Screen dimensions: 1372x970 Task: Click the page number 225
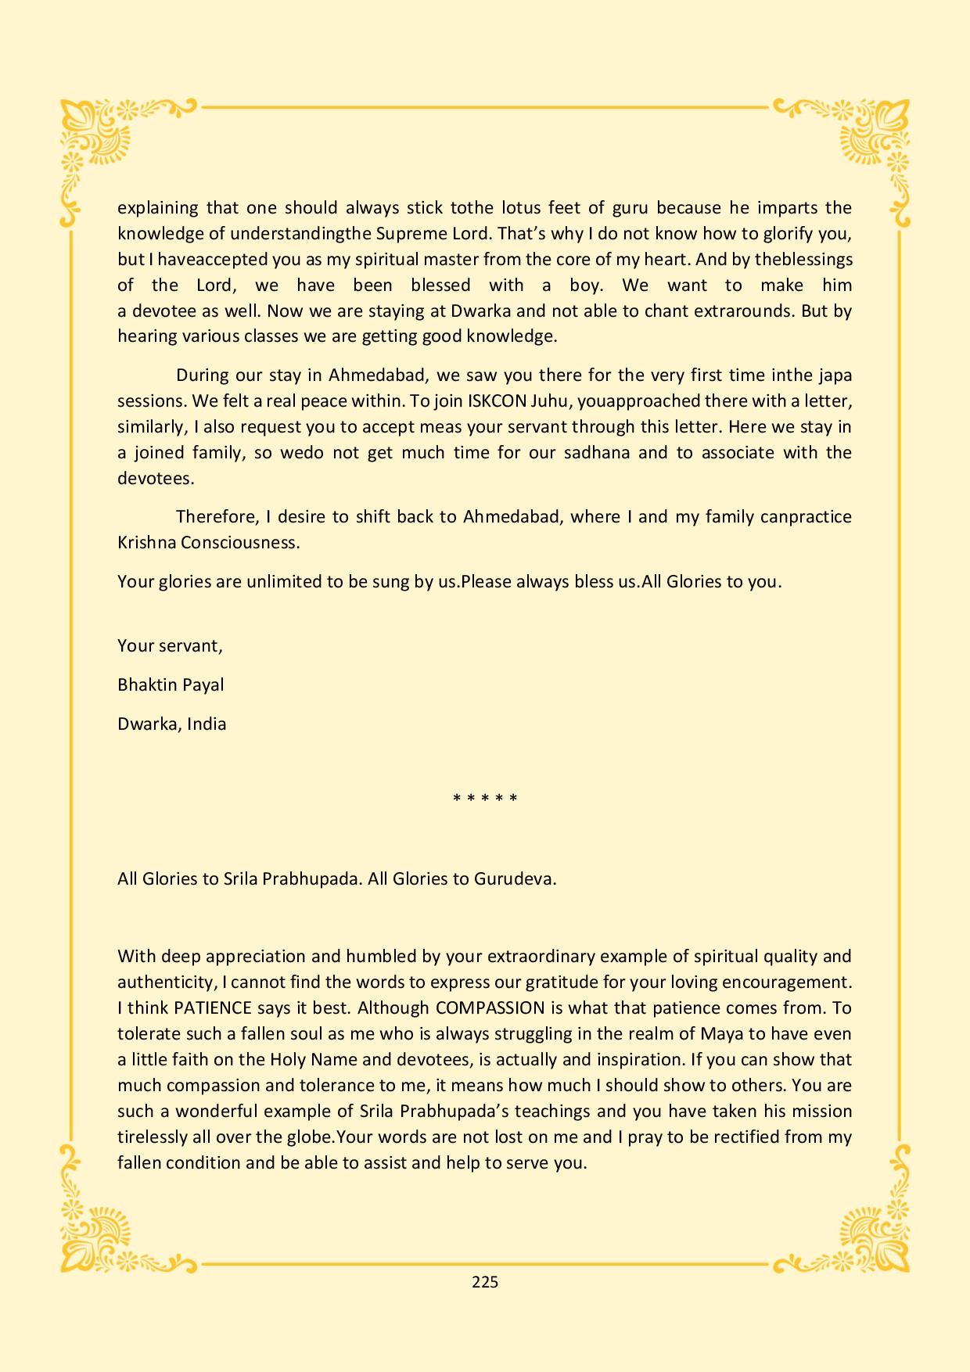click(485, 1282)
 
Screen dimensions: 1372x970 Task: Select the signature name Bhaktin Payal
click(171, 685)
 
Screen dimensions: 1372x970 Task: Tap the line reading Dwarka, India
click(172, 724)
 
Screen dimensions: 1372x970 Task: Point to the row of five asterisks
click(485, 799)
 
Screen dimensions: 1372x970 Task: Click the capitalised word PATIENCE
click(213, 1007)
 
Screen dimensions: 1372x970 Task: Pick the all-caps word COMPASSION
click(490, 1007)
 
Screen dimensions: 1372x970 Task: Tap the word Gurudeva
click(515, 878)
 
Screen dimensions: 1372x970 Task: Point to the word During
click(201, 375)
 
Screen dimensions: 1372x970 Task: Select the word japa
click(835, 375)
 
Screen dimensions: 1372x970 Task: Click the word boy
click(585, 286)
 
